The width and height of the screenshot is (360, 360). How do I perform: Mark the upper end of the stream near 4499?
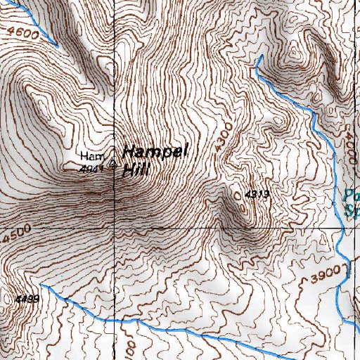pyautogui.click(x=41, y=285)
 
